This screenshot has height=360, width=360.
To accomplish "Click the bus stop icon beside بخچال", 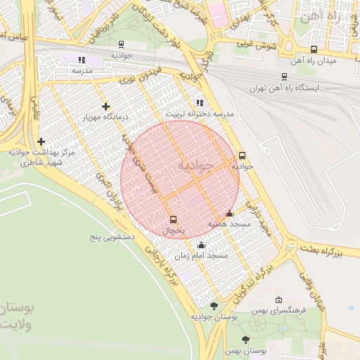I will pos(174,219).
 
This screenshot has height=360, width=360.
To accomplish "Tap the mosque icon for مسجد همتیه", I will pos(229,214).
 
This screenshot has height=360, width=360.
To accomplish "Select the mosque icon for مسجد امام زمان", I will pos(202,245).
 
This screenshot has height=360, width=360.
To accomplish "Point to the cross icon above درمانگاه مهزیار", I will pos(105,106).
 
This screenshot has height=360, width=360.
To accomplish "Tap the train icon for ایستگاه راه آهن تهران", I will pos(284,77).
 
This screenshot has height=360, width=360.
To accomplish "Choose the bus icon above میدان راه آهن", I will pos(313,49).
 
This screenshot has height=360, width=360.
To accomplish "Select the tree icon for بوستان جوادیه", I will pos(214,306).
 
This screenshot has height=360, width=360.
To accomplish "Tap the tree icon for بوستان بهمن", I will pos(245,340).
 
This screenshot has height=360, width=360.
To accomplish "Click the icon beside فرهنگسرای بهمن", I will pos(278,300).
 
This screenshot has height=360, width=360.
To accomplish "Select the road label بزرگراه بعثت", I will pos(331,250).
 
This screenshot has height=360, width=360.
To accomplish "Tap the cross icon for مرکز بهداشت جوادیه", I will pos(41,141).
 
